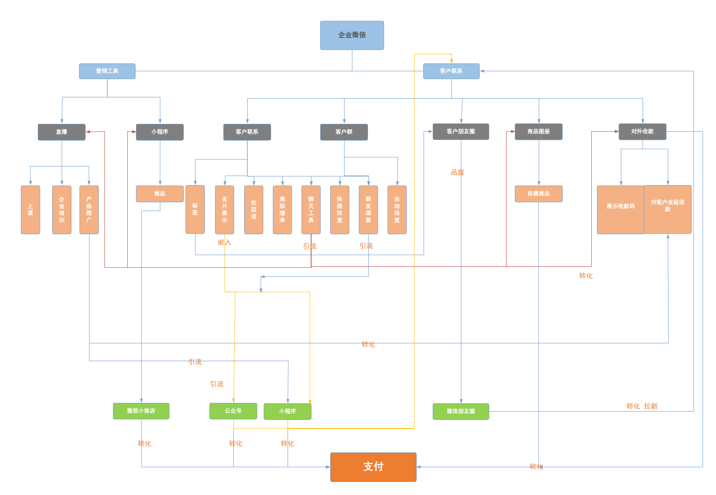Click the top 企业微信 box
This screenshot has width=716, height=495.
coord(352,35)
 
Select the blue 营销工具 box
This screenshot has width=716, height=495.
coord(107,71)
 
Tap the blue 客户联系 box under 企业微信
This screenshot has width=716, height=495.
coord(451,71)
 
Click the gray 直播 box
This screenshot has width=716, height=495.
coord(61,132)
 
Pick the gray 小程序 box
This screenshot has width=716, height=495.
coord(159,132)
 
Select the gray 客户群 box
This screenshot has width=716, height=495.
coord(344,132)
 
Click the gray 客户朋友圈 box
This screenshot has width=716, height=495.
coord(461,132)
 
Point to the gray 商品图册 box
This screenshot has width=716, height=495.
coord(538,132)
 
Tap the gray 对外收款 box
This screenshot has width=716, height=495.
coord(642,132)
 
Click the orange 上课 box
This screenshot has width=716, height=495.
coord(30,210)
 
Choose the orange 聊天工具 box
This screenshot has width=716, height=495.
coord(311,210)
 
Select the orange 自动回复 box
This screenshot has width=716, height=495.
coord(397,210)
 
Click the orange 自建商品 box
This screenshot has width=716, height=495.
coord(538,194)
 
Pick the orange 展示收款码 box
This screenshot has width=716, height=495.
coord(620,210)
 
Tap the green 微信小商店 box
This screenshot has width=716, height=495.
coord(141,411)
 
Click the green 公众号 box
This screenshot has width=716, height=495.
coord(233,411)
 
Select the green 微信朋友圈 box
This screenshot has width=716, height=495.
coord(461,412)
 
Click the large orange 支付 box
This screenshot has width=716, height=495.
coord(373,467)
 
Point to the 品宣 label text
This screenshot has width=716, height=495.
coord(457,173)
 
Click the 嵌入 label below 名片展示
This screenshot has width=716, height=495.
coord(225,243)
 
